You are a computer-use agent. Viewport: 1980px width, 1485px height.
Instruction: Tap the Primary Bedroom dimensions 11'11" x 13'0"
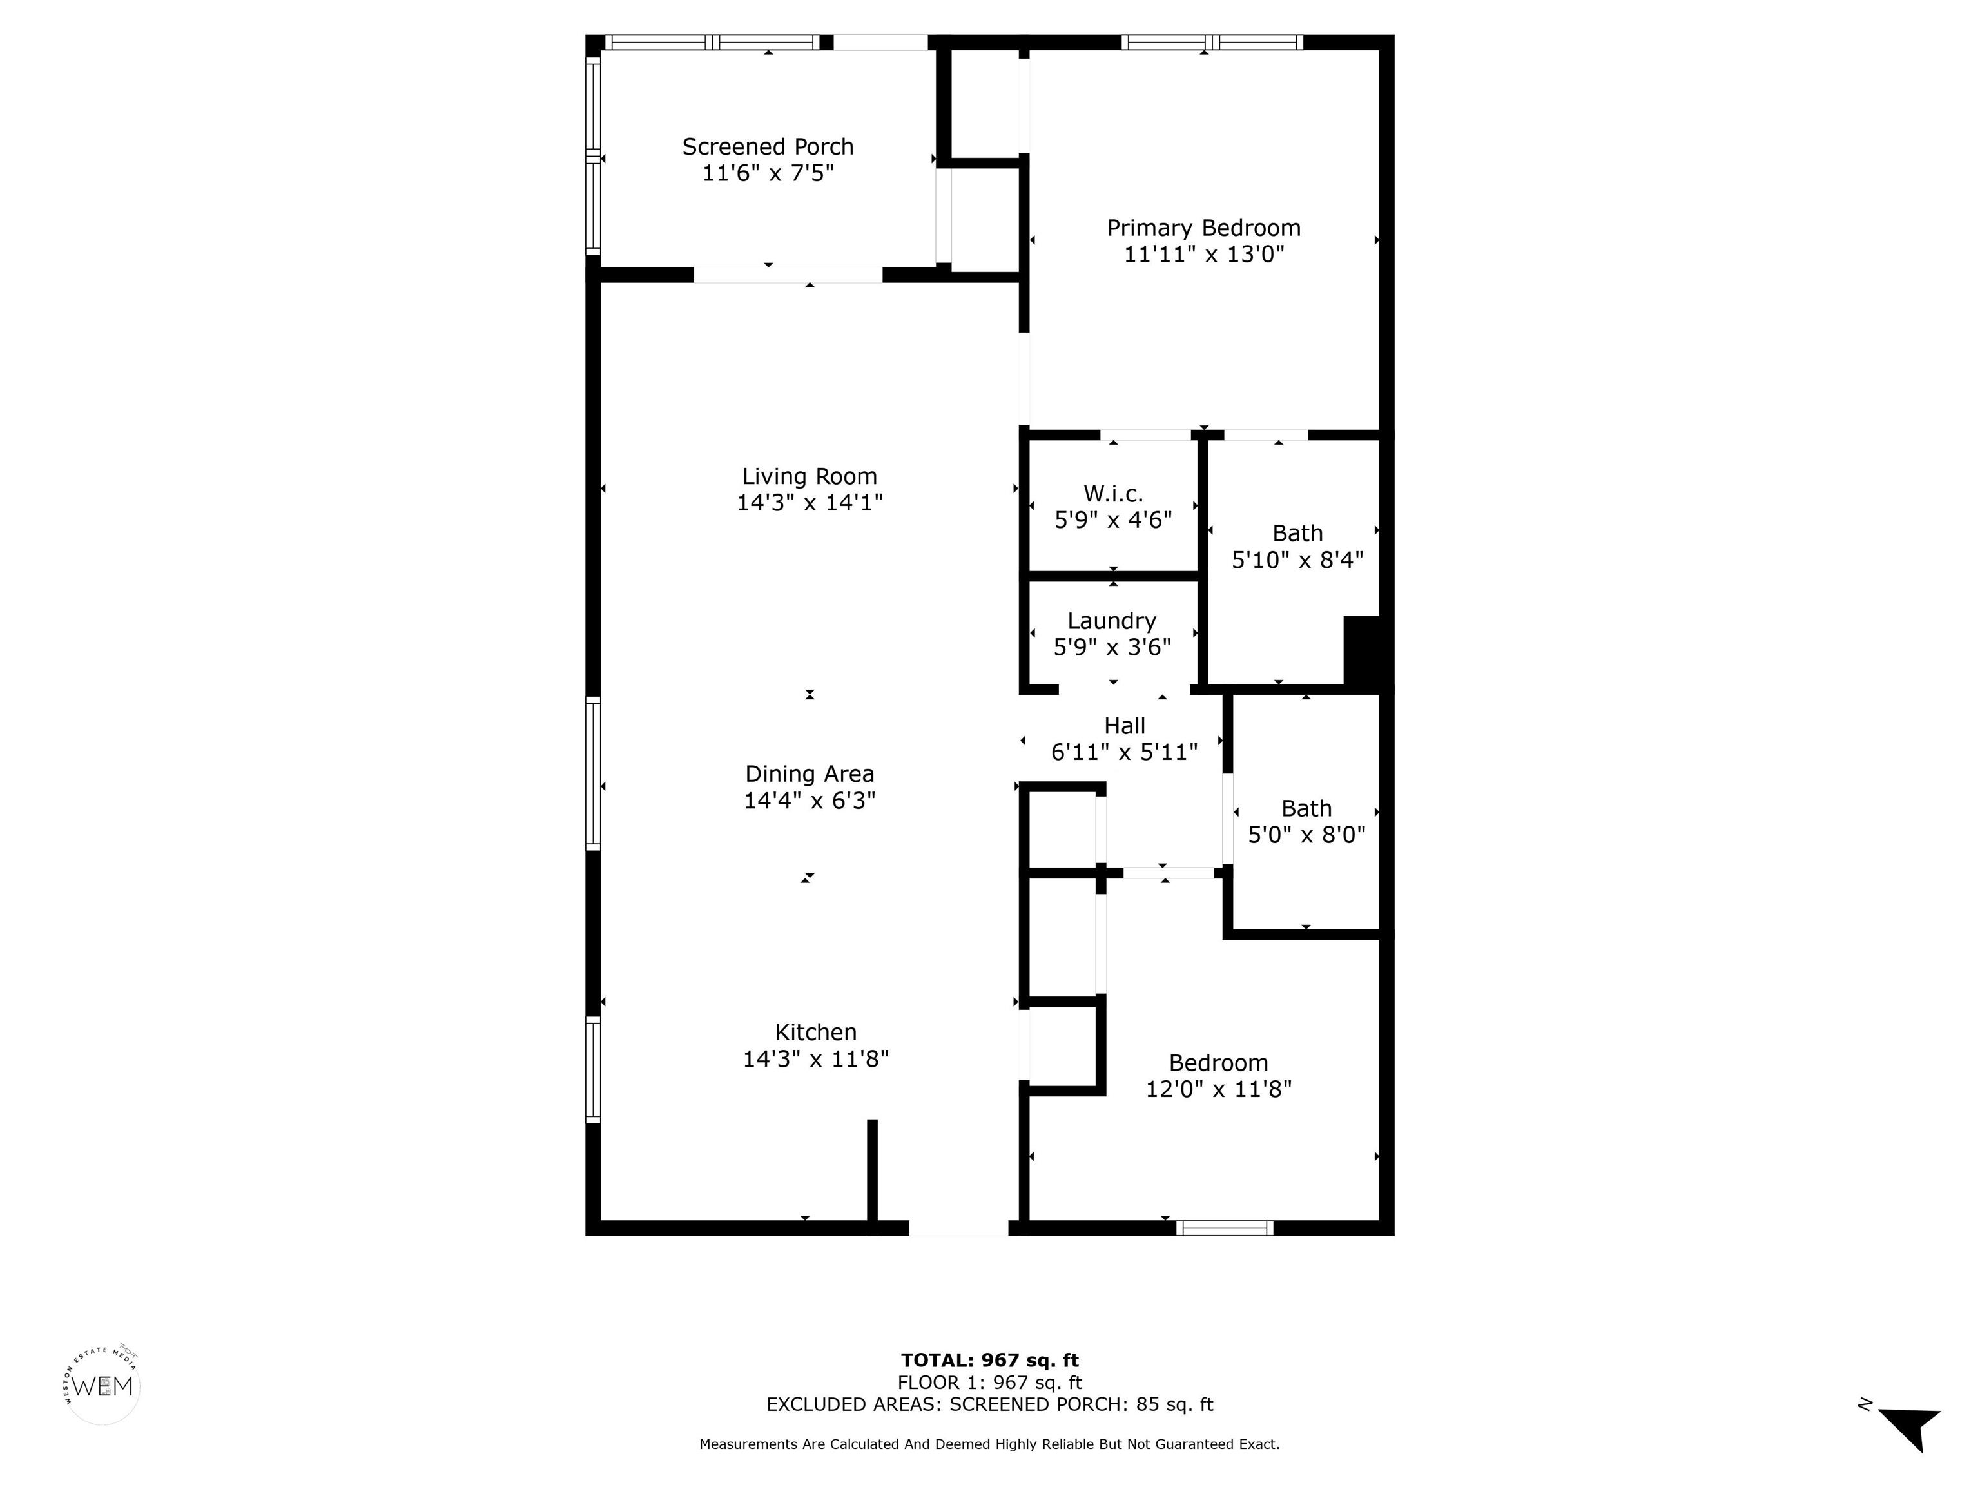[1204, 254]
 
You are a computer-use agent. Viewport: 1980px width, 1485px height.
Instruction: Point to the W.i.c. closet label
[1114, 493]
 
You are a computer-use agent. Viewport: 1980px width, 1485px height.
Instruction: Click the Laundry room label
[1112, 621]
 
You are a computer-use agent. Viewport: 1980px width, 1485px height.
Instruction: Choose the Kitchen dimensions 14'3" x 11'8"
[815, 1059]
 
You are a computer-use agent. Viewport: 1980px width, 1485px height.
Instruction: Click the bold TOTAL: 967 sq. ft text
[989, 1361]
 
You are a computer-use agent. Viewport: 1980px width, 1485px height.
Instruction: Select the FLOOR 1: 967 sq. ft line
[989, 1383]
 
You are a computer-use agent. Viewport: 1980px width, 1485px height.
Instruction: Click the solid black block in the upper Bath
[1365, 651]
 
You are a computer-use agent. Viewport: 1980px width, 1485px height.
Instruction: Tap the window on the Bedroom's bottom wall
[1225, 1228]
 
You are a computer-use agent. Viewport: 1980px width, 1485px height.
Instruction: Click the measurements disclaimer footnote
[989, 1444]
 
